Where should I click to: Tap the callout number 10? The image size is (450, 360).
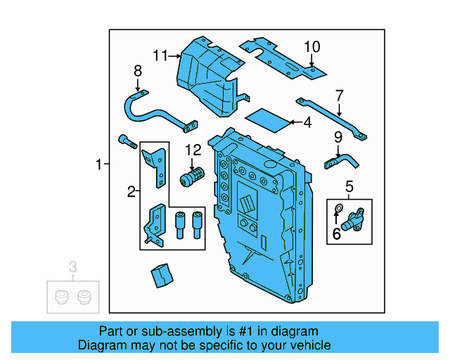coord(311,47)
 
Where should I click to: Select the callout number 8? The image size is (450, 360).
coord(138,70)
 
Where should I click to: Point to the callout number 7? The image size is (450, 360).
coord(339,95)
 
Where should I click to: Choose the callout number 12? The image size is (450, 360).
coord(193,150)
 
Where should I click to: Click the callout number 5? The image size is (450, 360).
coord(349,186)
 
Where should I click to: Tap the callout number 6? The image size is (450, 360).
coord(337,233)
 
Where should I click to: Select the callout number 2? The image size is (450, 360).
coord(131,191)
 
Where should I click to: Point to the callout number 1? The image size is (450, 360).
coord(99,165)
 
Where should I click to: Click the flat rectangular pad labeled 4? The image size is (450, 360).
coord(269,120)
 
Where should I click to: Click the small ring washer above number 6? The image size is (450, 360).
coord(338,208)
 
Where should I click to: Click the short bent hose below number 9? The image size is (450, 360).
coord(342,162)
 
